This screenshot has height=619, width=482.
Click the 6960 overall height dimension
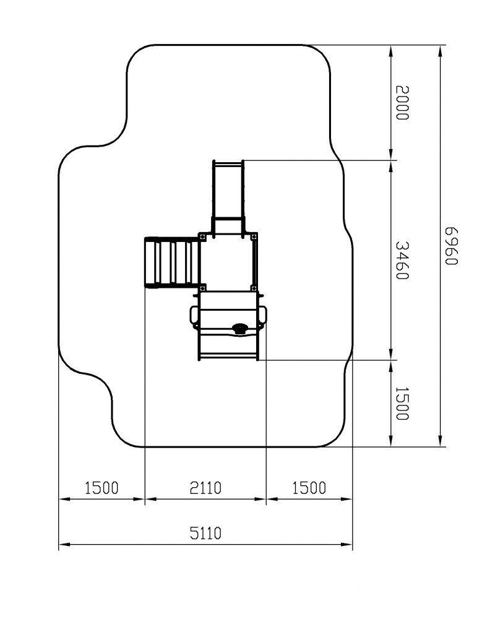451,246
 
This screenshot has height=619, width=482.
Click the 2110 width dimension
205,488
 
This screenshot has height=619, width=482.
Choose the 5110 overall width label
205,534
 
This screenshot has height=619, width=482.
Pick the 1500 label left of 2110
101,488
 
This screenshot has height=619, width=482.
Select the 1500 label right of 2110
309,488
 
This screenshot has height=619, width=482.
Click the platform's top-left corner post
202,236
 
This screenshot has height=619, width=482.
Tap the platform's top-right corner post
254,236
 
